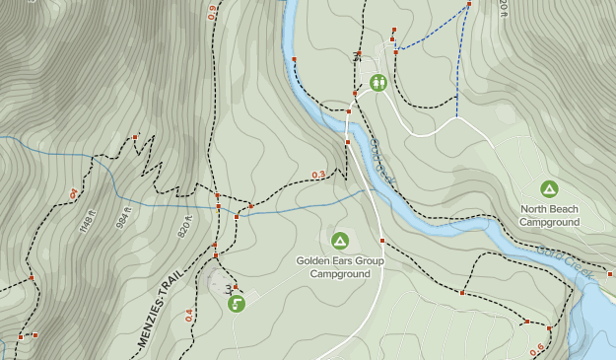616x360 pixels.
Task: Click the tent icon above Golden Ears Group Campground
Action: (340, 240)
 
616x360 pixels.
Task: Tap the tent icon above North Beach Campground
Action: (549, 188)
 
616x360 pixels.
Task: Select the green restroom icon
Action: (378, 83)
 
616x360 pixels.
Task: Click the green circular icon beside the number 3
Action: (237, 304)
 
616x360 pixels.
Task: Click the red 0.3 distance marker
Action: (318, 176)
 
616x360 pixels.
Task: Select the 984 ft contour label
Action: (124, 215)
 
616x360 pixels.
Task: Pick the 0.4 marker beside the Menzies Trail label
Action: (189, 316)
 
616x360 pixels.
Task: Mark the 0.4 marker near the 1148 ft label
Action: (74, 194)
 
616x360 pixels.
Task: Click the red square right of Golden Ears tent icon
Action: (381, 241)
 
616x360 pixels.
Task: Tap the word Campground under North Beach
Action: (549, 222)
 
